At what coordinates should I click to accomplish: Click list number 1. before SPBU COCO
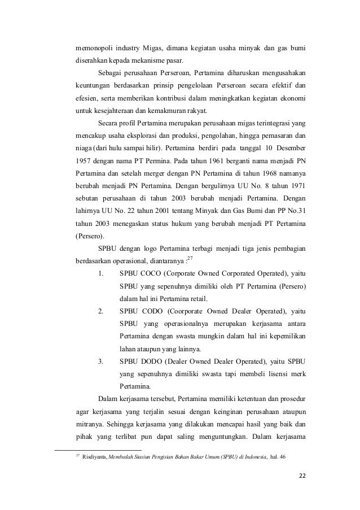pyautogui.click(x=100, y=273)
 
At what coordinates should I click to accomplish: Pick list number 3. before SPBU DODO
pyautogui.click(x=100, y=361)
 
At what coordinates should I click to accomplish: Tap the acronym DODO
pyautogui.click(x=151, y=361)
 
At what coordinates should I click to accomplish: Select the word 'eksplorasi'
pyautogui.click(x=159, y=136)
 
